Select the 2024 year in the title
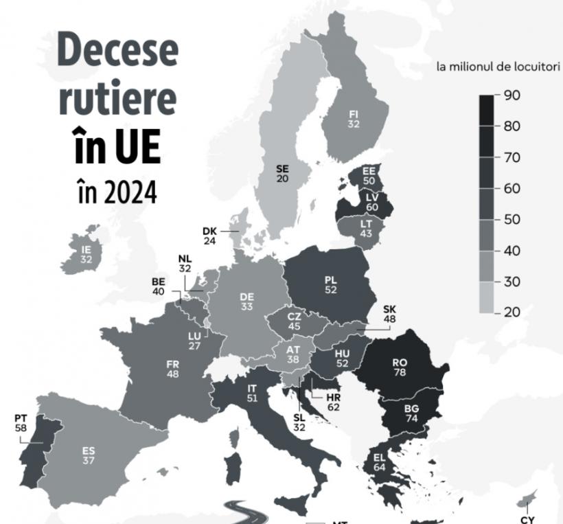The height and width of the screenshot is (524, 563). click(131, 192)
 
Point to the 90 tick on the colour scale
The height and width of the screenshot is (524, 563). click(512, 95)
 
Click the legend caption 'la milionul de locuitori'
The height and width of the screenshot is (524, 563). click(498, 67)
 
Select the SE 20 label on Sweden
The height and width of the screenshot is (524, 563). click(283, 173)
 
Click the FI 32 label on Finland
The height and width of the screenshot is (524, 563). click(354, 119)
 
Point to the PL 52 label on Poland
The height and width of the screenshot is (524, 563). click(330, 286)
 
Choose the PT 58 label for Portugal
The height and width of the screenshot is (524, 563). click(21, 422)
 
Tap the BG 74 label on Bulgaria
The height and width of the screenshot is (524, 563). click(412, 413)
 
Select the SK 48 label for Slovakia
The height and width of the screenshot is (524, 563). click(389, 314)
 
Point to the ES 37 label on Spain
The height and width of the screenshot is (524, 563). click(88, 455)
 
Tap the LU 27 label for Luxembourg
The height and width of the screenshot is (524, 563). click(194, 341)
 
